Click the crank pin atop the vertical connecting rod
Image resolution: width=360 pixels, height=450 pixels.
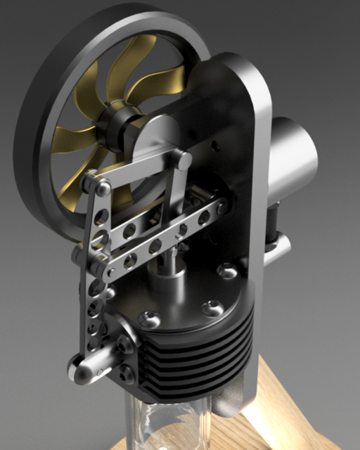tap(184, 161)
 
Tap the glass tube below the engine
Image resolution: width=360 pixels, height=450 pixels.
tap(169, 425)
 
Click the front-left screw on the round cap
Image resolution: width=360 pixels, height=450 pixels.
tap(149, 319)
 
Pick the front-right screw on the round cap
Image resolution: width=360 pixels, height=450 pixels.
tap(211, 308)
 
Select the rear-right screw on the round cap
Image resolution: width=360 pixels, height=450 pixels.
tap(229, 269)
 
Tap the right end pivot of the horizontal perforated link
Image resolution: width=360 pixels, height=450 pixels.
tap(221, 207)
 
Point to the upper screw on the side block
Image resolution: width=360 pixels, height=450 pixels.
tap(124, 345)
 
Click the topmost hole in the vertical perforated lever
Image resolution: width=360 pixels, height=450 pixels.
tap(103, 214)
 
